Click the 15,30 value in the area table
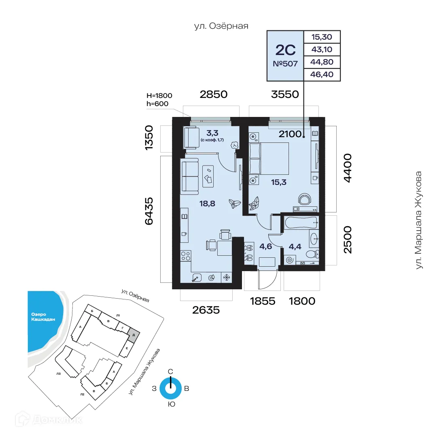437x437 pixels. coord(322,37)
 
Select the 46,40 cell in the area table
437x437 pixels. coord(322,75)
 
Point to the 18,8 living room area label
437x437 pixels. coord(207,204)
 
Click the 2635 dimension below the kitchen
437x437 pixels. coord(206,310)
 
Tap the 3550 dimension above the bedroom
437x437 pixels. coord(284,95)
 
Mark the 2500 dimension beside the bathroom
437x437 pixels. coord(348,240)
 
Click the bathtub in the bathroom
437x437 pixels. coord(300,223)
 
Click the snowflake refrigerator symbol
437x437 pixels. coord(227,277)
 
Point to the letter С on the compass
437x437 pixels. coord(171,371)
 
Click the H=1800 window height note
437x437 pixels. coord(159,96)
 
